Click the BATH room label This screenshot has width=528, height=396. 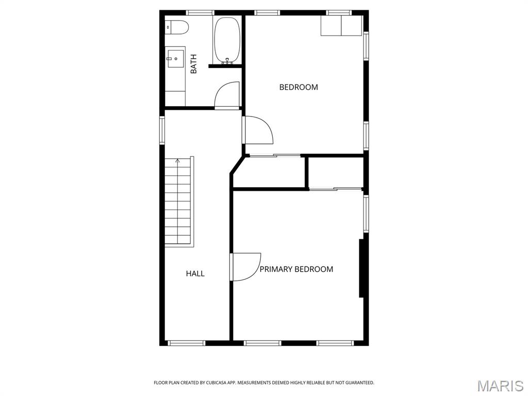coord(194,64)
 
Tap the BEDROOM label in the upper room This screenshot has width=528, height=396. coord(299,87)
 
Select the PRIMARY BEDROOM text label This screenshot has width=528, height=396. coord(296,269)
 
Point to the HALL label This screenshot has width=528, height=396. coord(195,274)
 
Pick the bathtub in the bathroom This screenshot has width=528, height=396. coord(227,40)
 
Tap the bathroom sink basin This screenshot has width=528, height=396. coord(175,57)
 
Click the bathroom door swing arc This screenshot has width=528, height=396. coord(227,95)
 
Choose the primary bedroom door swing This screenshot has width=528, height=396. coord(245,267)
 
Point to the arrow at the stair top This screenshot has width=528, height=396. coord(178,161)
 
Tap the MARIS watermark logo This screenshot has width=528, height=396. coord(500,385)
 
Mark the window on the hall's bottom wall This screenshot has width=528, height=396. coord(187,343)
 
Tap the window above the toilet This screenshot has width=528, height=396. coord(200,12)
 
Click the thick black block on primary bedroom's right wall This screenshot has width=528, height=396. coord(361,268)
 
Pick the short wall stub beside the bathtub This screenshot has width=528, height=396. coord(225,66)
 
